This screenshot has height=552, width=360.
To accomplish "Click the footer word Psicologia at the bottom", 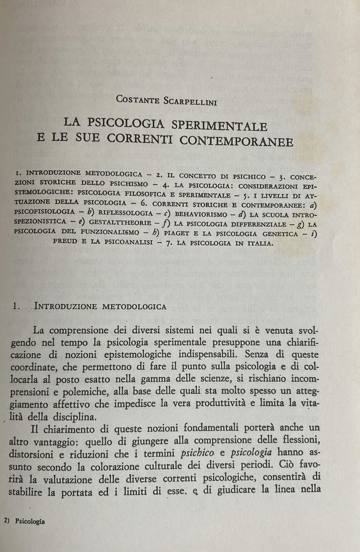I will [30, 521].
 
